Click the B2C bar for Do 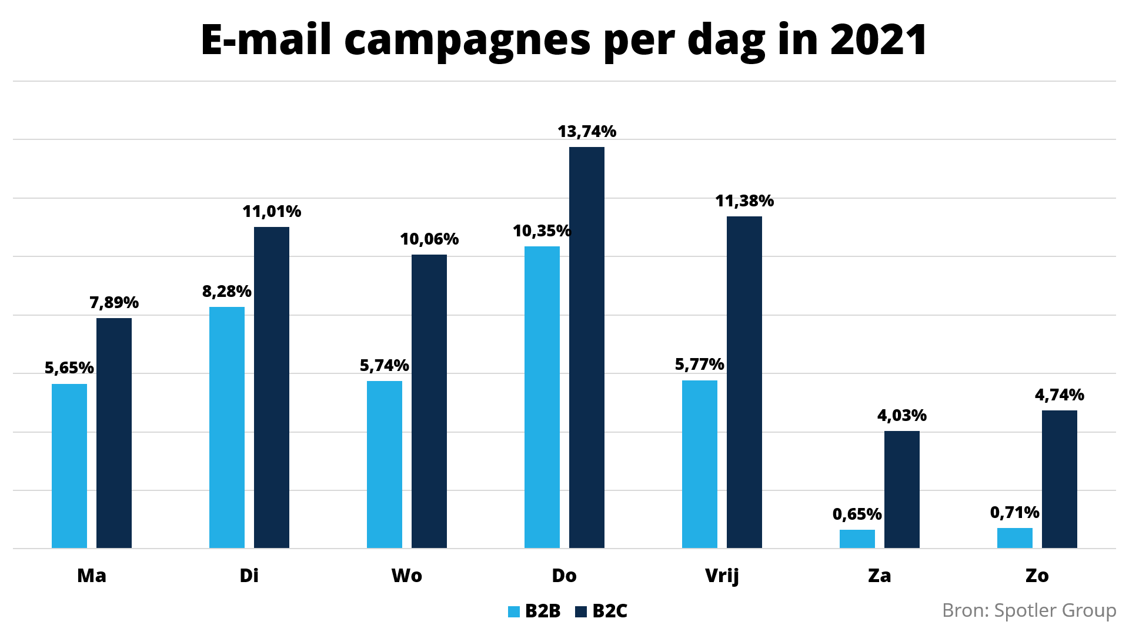[586, 347]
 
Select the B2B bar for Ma [69, 466]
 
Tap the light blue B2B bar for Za [857, 539]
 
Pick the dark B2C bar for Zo [1059, 479]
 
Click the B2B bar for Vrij [699, 464]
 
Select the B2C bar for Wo [429, 401]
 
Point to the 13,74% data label [587, 132]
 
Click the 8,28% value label [227, 292]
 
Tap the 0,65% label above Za [857, 514]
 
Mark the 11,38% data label [744, 201]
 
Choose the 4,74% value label [1059, 395]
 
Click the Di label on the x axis [249, 576]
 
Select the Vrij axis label [722, 576]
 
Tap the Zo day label [1037, 576]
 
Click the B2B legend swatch [514, 612]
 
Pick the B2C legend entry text [610, 611]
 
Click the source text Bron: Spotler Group [1028, 611]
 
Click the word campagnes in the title [467, 40]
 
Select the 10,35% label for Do [542, 231]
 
